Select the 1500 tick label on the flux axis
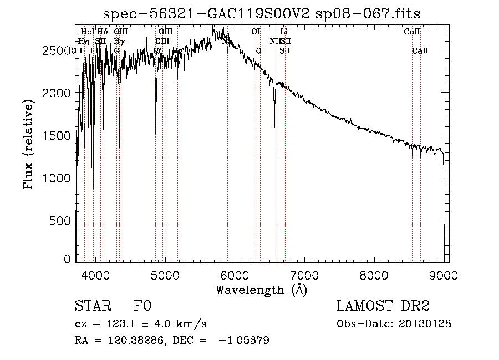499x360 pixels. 57,136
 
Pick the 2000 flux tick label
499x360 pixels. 57,93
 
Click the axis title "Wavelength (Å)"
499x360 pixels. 261,290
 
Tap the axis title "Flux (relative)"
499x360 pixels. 29,144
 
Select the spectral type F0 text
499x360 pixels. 142,306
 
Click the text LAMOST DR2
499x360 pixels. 383,306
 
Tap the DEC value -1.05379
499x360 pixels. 245,341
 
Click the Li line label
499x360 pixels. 284,32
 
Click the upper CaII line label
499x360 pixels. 411,32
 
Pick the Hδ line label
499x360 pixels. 103,32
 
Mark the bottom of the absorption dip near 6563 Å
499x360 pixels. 274,127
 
